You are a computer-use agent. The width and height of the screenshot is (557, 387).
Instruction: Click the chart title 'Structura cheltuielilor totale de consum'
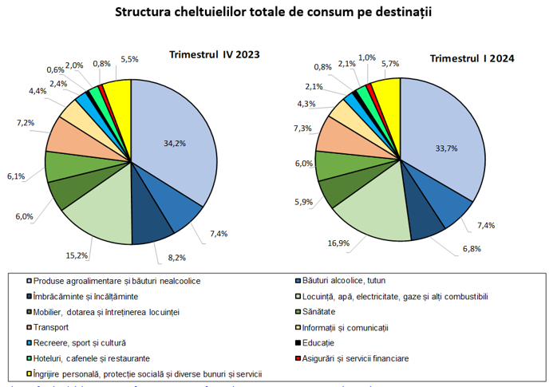pos(278,13)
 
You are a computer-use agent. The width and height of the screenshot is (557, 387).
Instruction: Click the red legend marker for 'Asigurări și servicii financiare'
pos(297,358)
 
